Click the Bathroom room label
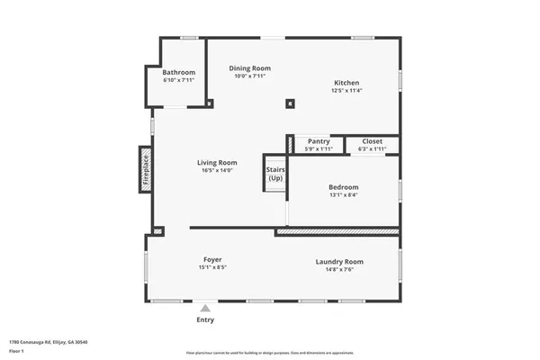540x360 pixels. point(178,72)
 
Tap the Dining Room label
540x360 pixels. point(249,68)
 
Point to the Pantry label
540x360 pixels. point(319,141)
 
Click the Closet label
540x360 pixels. point(372,141)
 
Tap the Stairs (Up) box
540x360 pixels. point(275,173)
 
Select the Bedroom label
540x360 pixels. point(343,187)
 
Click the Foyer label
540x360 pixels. point(211,260)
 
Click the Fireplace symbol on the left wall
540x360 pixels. point(144,168)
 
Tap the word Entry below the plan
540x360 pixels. point(206,319)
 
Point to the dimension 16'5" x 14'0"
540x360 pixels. point(217,170)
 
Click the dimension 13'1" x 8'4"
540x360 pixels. point(343,195)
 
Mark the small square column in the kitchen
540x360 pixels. point(289,103)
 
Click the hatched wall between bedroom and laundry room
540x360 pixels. point(337,231)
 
